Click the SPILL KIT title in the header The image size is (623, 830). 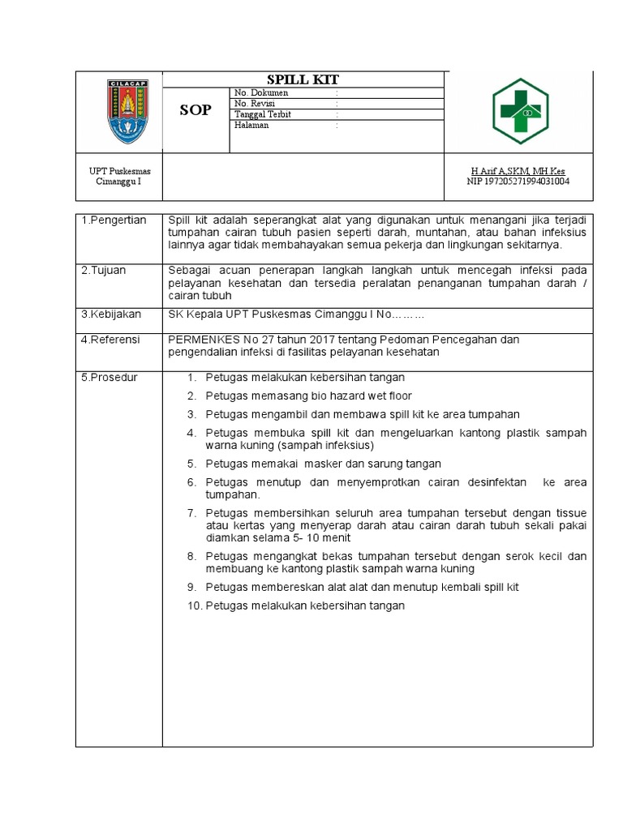[x=303, y=79]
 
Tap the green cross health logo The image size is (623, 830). [x=521, y=111]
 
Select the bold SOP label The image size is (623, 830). [x=195, y=110]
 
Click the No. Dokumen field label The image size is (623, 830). [x=261, y=93]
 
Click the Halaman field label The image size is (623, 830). [x=251, y=125]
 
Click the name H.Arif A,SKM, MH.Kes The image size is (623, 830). [x=518, y=171]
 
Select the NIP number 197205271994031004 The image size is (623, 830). [x=518, y=182]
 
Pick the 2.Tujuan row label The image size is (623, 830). [x=104, y=270]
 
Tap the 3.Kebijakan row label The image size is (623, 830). [x=110, y=314]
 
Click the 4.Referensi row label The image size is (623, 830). [x=110, y=340]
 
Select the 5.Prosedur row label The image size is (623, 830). [x=110, y=378]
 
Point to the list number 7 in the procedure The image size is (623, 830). [x=192, y=513]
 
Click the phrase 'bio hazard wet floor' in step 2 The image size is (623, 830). [x=360, y=396]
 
